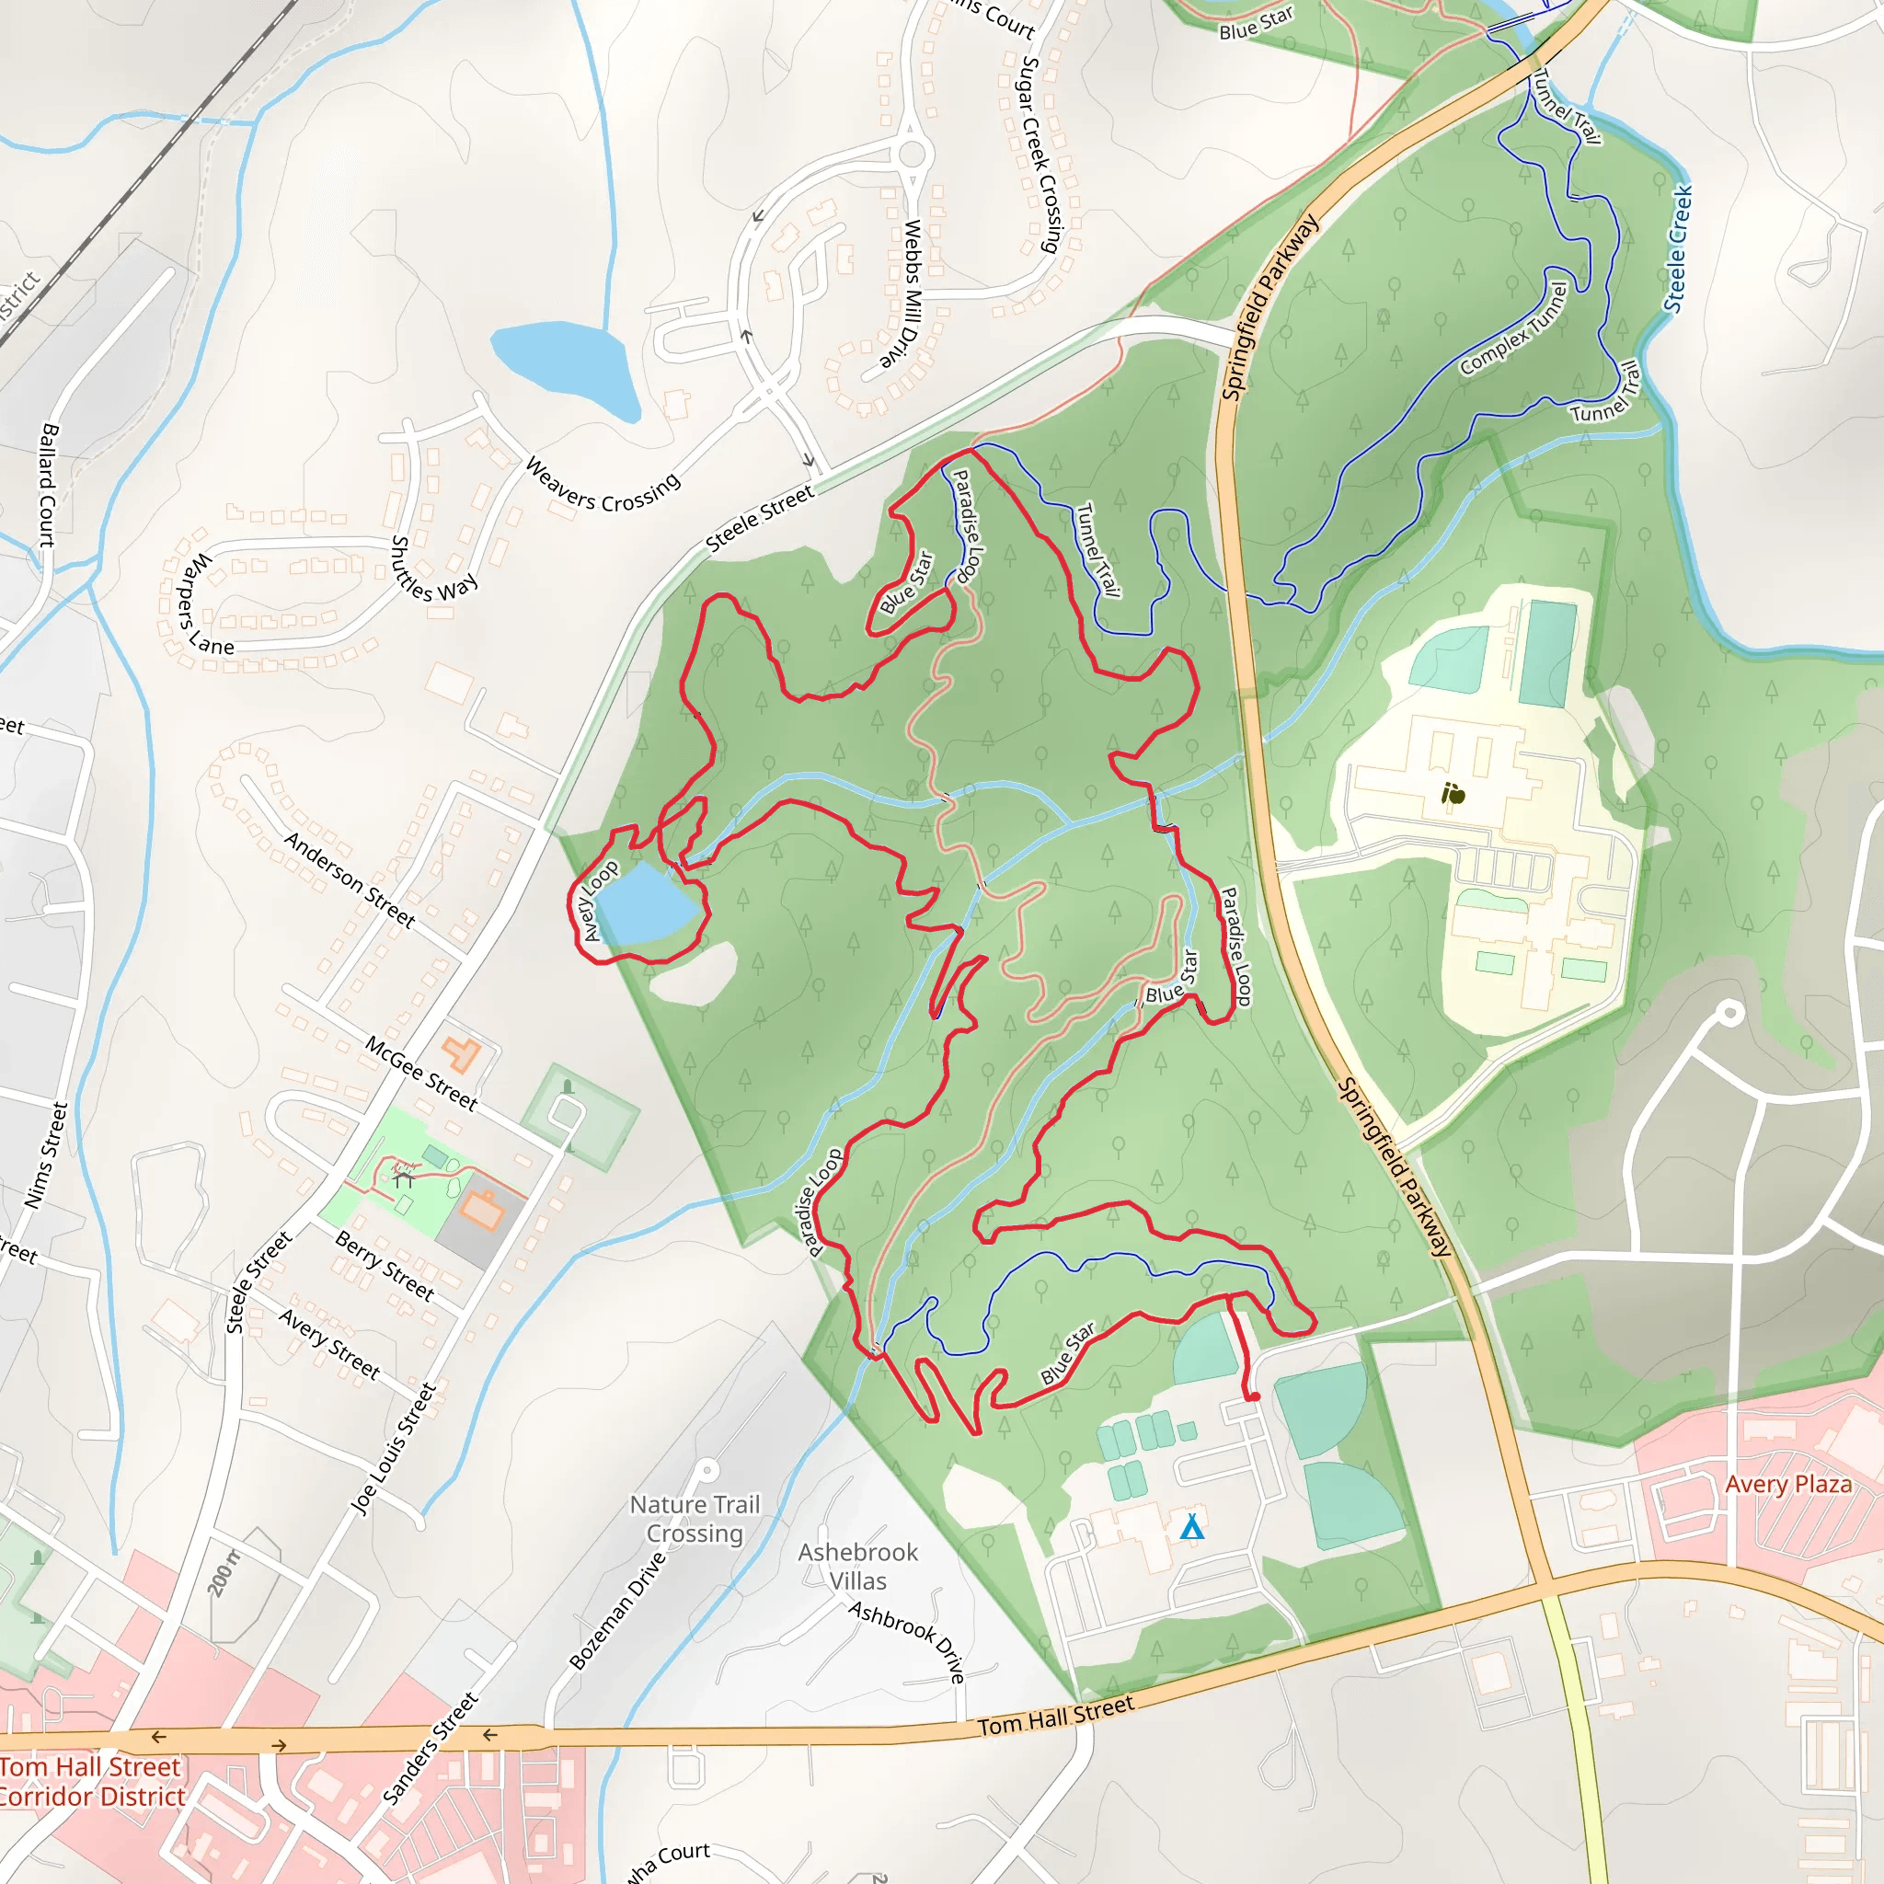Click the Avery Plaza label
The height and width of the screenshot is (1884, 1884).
pyautogui.click(x=1787, y=1484)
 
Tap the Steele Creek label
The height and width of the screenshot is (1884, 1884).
pyautogui.click(x=1677, y=249)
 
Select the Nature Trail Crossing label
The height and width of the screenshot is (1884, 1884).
pyautogui.click(x=695, y=1518)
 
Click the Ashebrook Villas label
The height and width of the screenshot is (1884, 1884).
pyautogui.click(x=858, y=1566)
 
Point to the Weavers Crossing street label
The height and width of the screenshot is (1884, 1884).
pyautogui.click(x=603, y=485)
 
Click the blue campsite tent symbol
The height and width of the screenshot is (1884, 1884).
pyautogui.click(x=1191, y=1527)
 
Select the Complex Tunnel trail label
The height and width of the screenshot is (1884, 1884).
pyautogui.click(x=1513, y=328)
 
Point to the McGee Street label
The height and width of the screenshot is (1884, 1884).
pyautogui.click(x=421, y=1074)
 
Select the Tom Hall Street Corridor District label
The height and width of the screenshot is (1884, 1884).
pyautogui.click(x=92, y=1781)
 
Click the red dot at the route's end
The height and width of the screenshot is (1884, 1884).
pyautogui.click(x=1255, y=1397)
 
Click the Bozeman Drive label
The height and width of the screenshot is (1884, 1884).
pyautogui.click(x=617, y=1611)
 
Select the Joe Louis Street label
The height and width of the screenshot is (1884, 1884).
pyautogui.click(x=393, y=1449)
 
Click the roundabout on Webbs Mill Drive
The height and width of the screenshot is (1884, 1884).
pyautogui.click(x=912, y=153)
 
